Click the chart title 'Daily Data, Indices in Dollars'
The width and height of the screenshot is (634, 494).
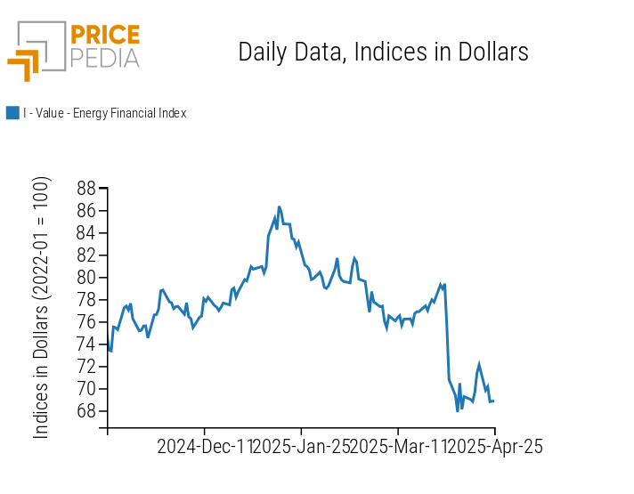pyautogui.click(x=383, y=53)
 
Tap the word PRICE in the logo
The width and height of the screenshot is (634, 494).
pyautogui.click(x=105, y=36)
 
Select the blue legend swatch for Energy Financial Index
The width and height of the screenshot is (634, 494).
pyautogui.click(x=12, y=113)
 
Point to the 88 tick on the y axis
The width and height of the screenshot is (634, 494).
pyautogui.click(x=86, y=189)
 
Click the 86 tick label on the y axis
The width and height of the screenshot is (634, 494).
pyautogui.click(x=86, y=211)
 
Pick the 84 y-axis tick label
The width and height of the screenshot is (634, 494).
pyautogui.click(x=86, y=233)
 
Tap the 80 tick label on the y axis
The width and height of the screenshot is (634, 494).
pyautogui.click(x=86, y=278)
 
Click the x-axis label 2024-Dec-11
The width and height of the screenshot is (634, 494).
pyautogui.click(x=205, y=447)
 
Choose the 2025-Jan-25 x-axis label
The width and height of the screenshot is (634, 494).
pyautogui.click(x=301, y=447)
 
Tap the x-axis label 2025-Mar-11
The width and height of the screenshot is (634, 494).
pyautogui.click(x=397, y=447)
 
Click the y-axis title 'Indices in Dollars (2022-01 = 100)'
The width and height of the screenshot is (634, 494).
pyautogui.click(x=41, y=307)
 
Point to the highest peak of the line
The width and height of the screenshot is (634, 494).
pyautogui.click(x=279, y=207)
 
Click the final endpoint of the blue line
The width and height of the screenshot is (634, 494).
pyautogui.click(x=493, y=401)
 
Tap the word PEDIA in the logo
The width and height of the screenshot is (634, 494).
pyautogui.click(x=105, y=59)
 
